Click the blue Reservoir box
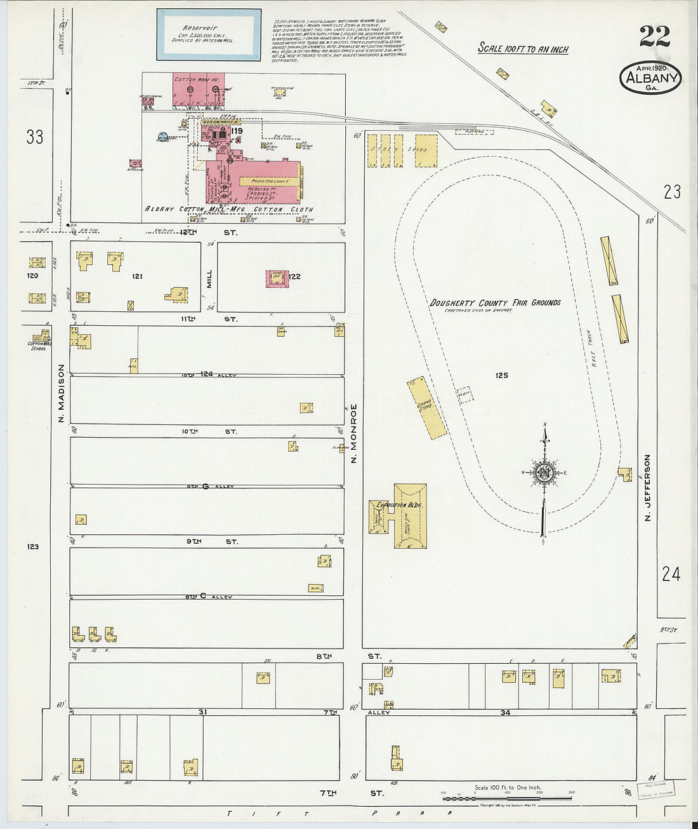(x=209, y=35)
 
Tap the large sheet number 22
(x=654, y=37)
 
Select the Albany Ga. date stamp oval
(x=650, y=78)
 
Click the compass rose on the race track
(x=544, y=473)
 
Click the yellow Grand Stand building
(x=426, y=408)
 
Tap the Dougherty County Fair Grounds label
(x=495, y=303)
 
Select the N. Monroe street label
(x=354, y=432)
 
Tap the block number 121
(x=137, y=276)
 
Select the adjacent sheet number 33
(x=35, y=137)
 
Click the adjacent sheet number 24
(x=671, y=574)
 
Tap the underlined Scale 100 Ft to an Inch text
(x=523, y=49)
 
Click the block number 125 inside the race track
(x=501, y=375)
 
